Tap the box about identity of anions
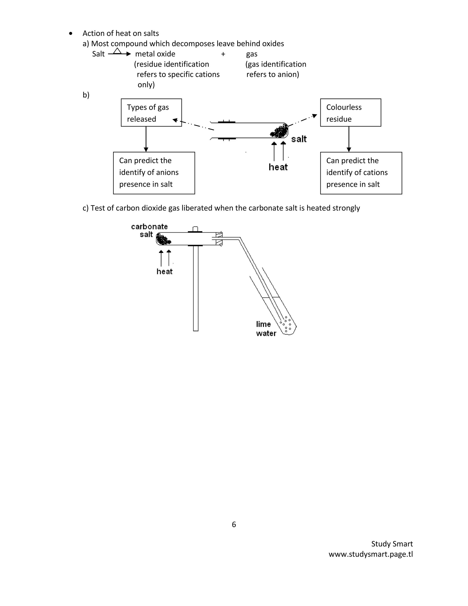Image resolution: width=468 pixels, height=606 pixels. (x=154, y=173)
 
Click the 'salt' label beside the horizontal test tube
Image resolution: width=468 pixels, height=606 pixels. (x=299, y=139)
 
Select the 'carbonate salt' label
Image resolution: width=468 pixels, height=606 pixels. (x=149, y=230)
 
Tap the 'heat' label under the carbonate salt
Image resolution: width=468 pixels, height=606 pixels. (x=164, y=271)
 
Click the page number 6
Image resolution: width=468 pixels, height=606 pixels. (x=234, y=524)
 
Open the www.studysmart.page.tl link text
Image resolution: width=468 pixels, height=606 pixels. (x=371, y=554)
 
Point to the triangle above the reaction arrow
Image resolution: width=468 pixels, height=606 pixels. (x=117, y=51)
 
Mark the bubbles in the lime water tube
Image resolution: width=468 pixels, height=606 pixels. (x=287, y=324)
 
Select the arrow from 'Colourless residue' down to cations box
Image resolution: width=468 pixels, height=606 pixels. (x=349, y=139)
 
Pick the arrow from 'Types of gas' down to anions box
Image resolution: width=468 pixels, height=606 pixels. (x=146, y=139)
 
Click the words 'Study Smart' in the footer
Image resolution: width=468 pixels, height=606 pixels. (x=392, y=544)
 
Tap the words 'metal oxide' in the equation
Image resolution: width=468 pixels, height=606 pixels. (x=155, y=54)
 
